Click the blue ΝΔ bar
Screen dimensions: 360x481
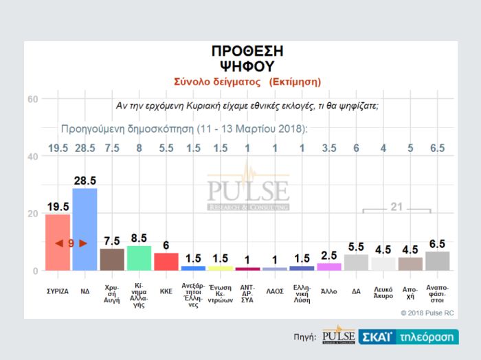pyautogui.click(x=85, y=229)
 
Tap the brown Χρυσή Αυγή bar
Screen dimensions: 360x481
pyautogui.click(x=112, y=260)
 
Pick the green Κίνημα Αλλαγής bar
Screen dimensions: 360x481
pyautogui.click(x=139, y=258)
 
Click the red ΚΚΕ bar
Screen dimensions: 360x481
pyautogui.click(x=166, y=262)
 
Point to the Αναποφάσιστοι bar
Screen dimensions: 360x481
pyautogui.click(x=437, y=261)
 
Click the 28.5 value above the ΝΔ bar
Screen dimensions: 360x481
pyautogui.click(x=85, y=181)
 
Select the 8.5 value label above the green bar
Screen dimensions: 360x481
pyautogui.click(x=139, y=239)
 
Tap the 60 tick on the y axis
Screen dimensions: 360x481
pyautogui.click(x=32, y=99)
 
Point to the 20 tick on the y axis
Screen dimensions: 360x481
pyautogui.click(x=32, y=214)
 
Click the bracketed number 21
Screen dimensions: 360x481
pyautogui.click(x=396, y=206)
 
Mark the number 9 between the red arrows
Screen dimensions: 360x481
pyautogui.click(x=71, y=243)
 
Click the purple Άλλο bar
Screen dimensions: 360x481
pyautogui.click(x=328, y=267)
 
